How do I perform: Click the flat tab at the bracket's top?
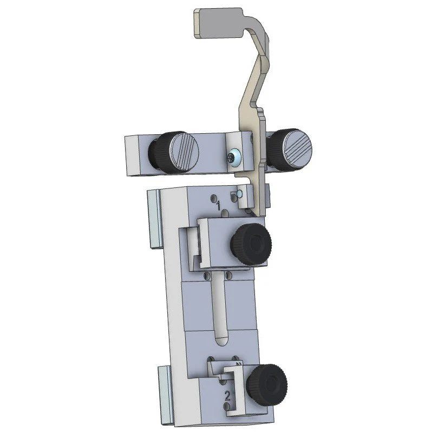218,23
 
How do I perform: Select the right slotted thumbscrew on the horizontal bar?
290,150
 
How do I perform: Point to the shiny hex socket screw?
233,158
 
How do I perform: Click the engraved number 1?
218,206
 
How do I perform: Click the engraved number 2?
227,396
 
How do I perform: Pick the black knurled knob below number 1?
250,244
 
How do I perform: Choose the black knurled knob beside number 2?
267,385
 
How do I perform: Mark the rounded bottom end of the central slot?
220,340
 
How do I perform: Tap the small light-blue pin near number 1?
239,194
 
